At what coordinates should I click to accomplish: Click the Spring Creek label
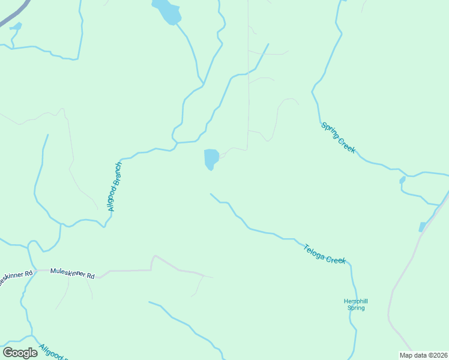point(339,138)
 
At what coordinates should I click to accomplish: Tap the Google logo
point(20,353)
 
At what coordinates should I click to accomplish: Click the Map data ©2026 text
point(423,355)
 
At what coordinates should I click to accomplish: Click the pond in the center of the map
point(211,159)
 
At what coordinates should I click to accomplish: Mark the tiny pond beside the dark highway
point(16,26)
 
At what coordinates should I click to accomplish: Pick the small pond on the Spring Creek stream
point(402,179)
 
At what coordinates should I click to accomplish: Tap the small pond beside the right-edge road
point(422,227)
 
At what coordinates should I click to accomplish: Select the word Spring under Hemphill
point(356,308)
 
